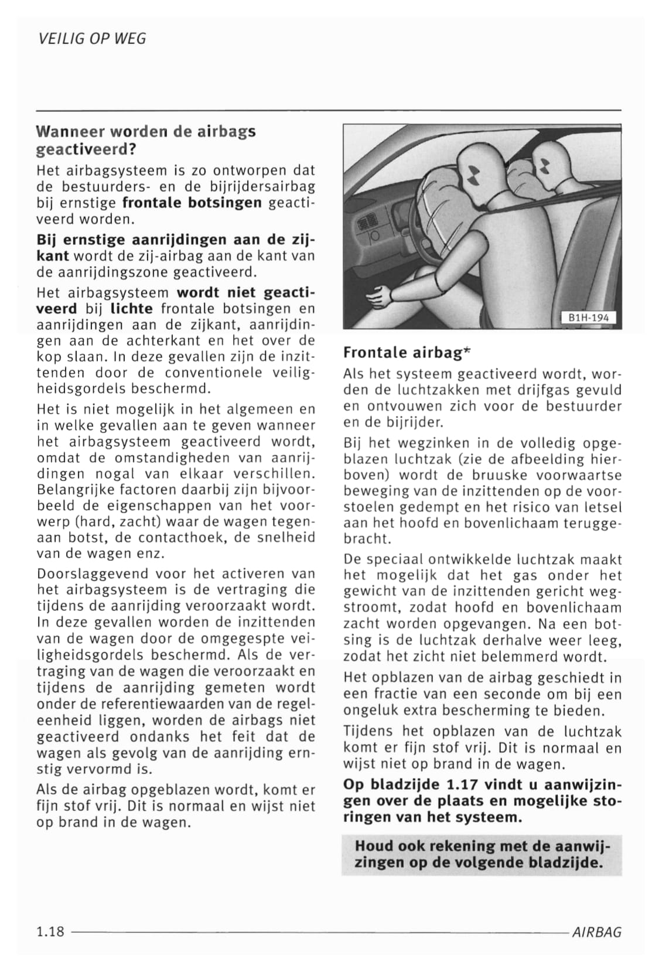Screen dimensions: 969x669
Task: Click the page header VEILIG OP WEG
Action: [92, 39]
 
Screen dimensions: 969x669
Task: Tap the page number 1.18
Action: [50, 931]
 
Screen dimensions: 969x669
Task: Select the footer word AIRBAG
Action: [596, 932]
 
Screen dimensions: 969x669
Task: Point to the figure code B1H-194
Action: [589, 318]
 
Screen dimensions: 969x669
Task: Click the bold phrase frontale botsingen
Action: [192, 203]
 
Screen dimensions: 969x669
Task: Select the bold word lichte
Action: [131, 308]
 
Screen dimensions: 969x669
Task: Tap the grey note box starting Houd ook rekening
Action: [481, 854]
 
